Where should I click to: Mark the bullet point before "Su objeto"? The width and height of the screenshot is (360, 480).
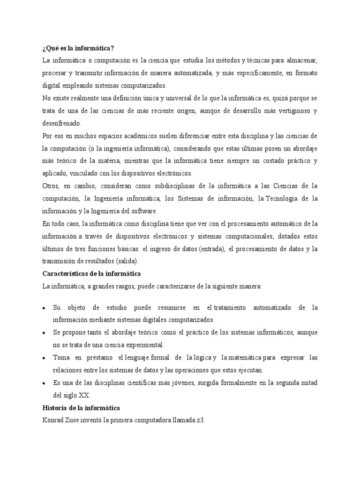click(44, 308)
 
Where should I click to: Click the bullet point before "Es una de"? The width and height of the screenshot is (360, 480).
click(44, 383)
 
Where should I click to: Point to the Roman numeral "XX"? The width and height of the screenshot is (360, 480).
click(83, 395)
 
